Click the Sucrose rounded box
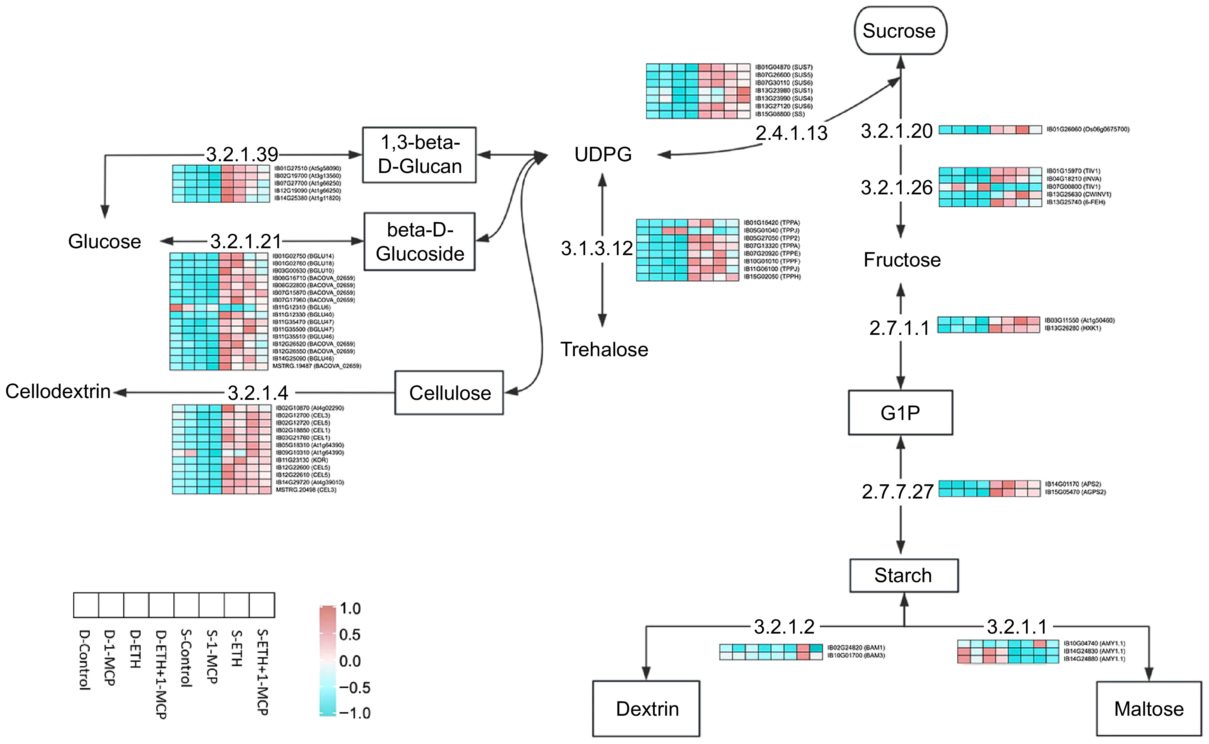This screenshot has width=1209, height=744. pyautogui.click(x=900, y=30)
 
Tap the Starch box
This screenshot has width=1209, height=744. pyautogui.click(x=904, y=575)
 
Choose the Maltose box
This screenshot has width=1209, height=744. pyautogui.click(x=1148, y=708)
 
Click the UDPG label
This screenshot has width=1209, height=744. pyautogui.click(x=603, y=155)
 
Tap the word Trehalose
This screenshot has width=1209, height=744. pyautogui.click(x=604, y=349)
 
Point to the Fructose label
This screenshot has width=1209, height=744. pyautogui.click(x=902, y=260)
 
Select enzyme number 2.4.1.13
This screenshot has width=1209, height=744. pyautogui.click(x=791, y=133)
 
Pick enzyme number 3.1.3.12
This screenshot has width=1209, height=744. pyautogui.click(x=597, y=249)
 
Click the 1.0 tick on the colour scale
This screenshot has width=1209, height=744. pyautogui.click(x=350, y=609)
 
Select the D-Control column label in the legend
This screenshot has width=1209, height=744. pyautogui.click(x=85, y=659)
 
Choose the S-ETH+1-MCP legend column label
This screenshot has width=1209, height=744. pyautogui.click(x=263, y=672)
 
